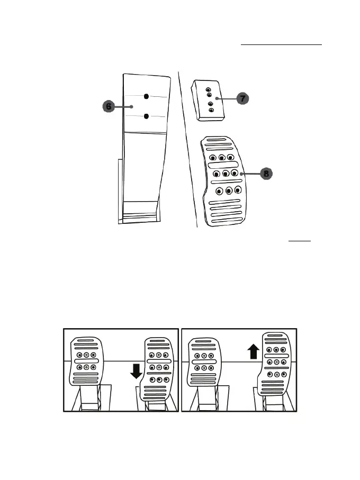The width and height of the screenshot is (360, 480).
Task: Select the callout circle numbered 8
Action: click(x=266, y=173)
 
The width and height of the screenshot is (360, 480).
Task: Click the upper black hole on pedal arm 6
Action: click(x=146, y=96)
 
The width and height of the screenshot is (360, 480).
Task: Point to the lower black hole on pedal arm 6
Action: click(x=146, y=116)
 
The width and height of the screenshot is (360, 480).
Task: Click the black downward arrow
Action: click(x=136, y=372)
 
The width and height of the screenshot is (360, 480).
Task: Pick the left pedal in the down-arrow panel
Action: click(x=86, y=361)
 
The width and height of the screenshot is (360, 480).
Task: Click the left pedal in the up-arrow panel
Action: click(x=203, y=361)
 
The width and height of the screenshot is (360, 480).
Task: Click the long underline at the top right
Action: click(x=281, y=46)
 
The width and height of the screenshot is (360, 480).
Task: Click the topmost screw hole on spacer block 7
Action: click(x=208, y=88)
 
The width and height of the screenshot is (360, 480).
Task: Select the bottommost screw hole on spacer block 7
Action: click(x=211, y=110)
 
